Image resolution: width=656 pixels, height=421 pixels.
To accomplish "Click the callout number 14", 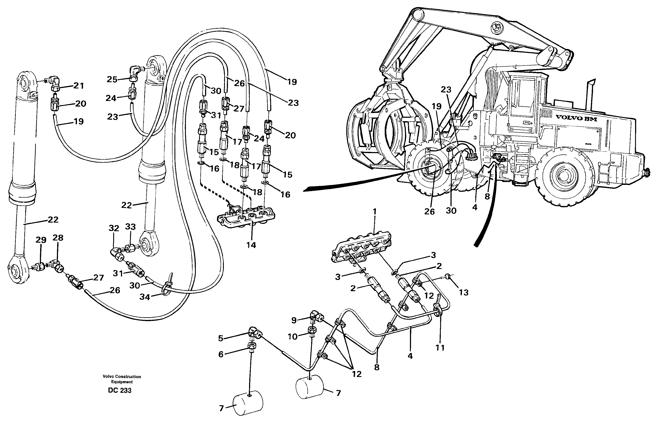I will coord(251,245).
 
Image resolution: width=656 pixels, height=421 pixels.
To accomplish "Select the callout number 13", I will coord(464,292).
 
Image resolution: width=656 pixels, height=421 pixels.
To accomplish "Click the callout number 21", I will coord(79,86).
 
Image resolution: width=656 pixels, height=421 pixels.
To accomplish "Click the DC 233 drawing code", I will coord(120,390).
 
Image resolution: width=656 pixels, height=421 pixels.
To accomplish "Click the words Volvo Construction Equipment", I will coord(122,379).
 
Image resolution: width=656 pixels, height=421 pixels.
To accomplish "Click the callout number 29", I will coord(41,240).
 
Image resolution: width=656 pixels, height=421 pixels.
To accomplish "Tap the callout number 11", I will coord(440,347).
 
